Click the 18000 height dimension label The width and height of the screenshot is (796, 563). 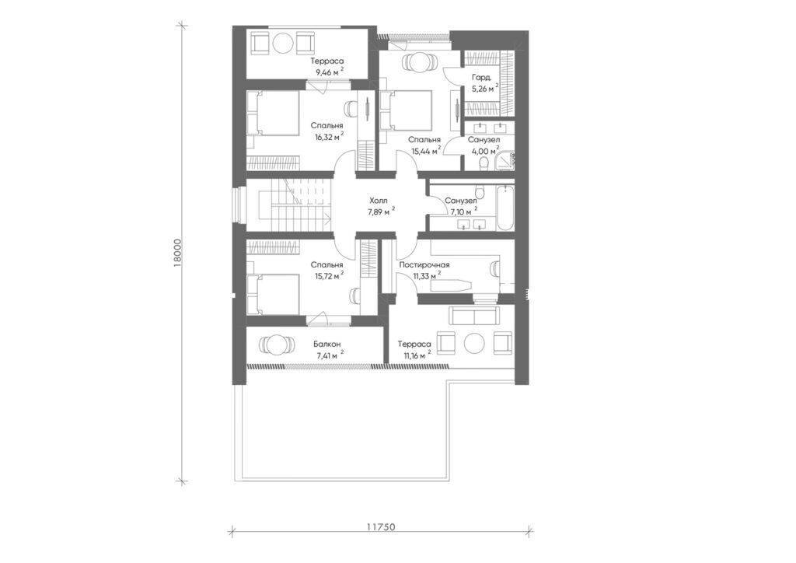177,252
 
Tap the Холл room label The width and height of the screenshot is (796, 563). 379,201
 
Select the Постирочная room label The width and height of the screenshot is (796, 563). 424,265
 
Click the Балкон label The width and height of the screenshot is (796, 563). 327,344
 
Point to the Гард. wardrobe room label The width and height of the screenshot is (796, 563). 481,79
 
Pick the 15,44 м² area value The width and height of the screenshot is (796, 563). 424,151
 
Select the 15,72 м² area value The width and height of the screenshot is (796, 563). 327,276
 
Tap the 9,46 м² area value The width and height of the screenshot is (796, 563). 329,72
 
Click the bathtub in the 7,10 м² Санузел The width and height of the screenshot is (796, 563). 505,208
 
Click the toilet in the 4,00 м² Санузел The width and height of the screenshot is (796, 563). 484,163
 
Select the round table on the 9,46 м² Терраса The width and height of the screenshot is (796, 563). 281,43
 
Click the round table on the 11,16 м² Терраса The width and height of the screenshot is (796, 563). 475,342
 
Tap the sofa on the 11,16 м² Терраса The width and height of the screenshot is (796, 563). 473,316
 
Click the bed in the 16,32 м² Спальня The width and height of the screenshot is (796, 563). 273,114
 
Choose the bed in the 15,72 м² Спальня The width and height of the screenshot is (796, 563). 273,295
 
